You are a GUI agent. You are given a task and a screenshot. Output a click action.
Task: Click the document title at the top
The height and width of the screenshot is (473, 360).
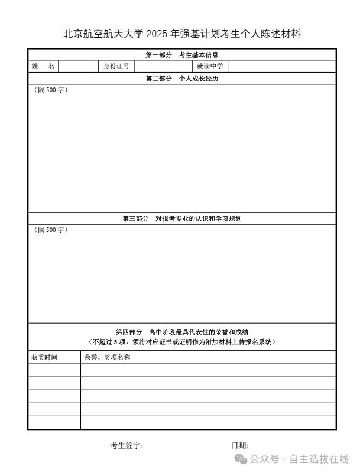click(182, 34)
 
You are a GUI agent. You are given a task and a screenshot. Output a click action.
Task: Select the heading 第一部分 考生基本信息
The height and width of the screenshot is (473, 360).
click(182, 55)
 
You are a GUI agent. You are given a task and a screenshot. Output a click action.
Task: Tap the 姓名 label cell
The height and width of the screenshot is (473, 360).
click(43, 66)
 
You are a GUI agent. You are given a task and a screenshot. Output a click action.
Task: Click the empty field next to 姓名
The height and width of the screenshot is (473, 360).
click(77, 66)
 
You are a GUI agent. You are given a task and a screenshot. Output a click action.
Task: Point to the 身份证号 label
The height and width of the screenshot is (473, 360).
click(116, 66)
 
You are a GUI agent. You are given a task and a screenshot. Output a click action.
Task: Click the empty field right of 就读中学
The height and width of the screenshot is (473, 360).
click(281, 66)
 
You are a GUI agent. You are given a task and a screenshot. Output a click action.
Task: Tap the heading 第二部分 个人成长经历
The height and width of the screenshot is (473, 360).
click(182, 79)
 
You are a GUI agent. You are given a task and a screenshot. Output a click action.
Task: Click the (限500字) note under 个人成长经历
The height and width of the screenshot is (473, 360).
click(50, 90)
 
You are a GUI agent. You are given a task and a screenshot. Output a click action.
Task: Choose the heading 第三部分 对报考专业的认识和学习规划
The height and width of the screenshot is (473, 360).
click(182, 218)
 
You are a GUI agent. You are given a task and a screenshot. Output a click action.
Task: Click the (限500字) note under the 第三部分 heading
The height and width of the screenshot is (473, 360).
click(50, 230)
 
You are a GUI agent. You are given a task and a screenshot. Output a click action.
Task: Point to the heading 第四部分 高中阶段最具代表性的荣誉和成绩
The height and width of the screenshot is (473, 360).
click(182, 332)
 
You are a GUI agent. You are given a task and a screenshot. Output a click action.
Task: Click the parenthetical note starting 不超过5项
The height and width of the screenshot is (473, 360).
click(182, 342)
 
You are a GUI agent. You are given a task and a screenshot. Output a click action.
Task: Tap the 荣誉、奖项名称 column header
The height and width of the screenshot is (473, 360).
click(107, 357)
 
